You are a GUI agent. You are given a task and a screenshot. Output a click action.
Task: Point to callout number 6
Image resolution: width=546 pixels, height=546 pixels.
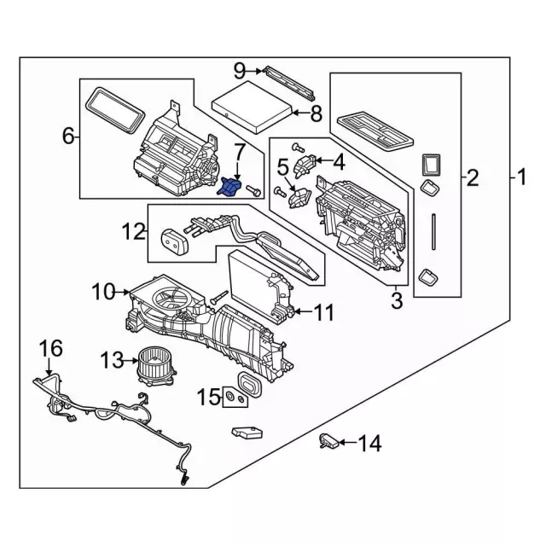pyautogui.click(x=67, y=136)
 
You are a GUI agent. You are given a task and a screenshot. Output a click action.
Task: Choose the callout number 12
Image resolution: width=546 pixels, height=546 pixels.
pyautogui.click(x=133, y=230)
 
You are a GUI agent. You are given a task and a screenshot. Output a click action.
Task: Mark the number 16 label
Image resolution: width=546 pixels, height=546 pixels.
pyautogui.click(x=51, y=348)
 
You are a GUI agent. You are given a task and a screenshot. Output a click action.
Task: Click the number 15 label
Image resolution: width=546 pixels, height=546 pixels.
pyautogui.click(x=209, y=397)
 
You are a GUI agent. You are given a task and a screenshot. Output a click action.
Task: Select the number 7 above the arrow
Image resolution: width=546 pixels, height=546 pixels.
pyautogui.click(x=239, y=154)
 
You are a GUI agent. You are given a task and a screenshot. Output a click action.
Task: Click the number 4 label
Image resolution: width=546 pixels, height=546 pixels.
pyautogui.click(x=339, y=160)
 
